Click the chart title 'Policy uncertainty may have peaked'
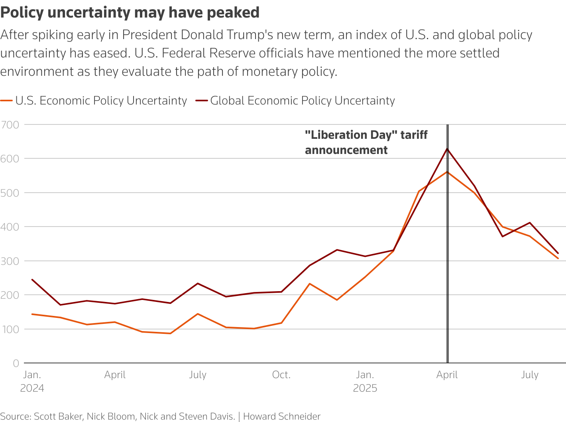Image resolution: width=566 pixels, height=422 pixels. (130, 13)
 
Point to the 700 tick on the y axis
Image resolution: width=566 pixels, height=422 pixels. (10, 125)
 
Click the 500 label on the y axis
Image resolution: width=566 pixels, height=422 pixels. (10, 193)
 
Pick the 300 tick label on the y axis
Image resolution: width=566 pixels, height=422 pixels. (10, 261)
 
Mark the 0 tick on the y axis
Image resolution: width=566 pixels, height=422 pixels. (16, 363)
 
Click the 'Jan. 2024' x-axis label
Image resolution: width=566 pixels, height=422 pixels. (32, 381)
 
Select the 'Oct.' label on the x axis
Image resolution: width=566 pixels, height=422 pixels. (281, 375)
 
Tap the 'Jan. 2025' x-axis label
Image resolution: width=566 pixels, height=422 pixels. (365, 381)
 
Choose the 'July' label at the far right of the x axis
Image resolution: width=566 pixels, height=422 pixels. (530, 375)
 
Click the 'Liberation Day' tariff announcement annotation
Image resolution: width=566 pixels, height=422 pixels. (366, 142)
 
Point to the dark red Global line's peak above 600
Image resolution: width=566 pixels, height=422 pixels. (447, 149)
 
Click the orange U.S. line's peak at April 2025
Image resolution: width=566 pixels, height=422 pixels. (447, 172)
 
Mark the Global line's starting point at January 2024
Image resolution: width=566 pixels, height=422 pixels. (32, 280)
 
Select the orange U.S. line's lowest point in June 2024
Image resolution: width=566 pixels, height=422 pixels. (171, 333)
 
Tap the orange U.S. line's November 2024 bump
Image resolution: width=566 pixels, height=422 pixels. (310, 284)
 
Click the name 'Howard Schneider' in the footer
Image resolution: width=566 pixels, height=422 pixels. (282, 416)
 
